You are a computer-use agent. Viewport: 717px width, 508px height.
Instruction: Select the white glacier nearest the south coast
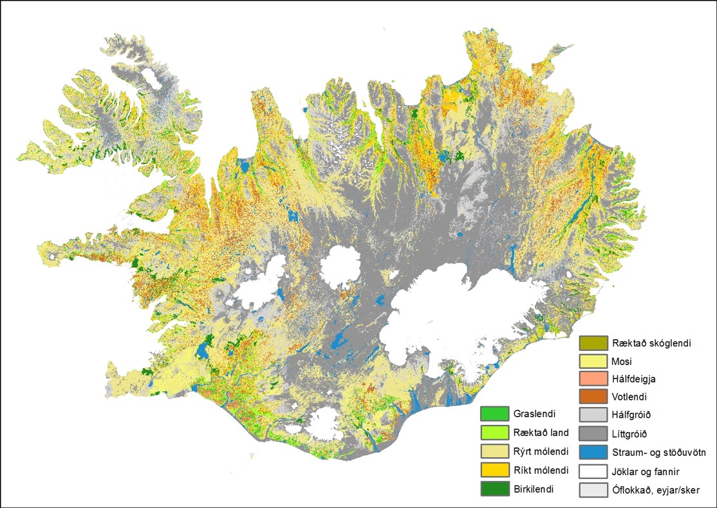pos(325,422)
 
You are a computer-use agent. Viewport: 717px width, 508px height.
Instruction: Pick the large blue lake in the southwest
pos(205,350)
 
